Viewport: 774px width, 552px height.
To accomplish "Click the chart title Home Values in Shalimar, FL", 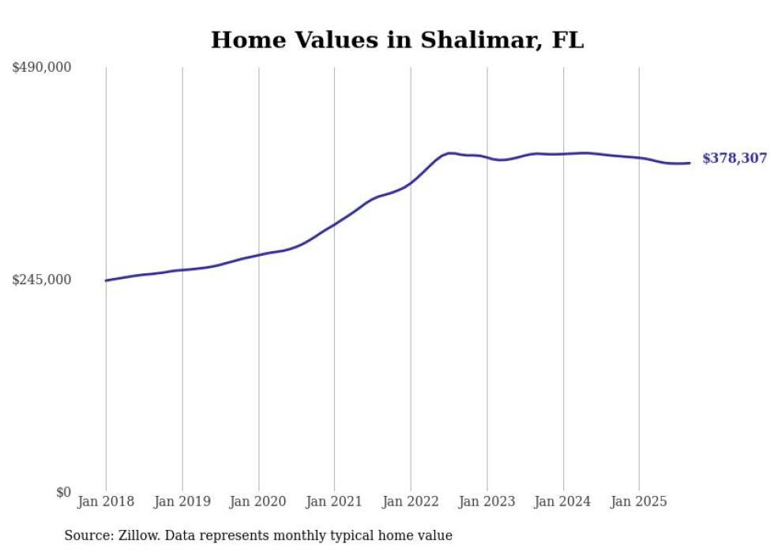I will pyautogui.click(x=397, y=40).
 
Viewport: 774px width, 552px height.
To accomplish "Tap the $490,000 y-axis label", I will pyautogui.click(x=42, y=68).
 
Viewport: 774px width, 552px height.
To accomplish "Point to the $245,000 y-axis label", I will pyautogui.click(x=42, y=280).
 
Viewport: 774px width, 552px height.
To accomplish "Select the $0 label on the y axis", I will pyautogui.click(x=63, y=492).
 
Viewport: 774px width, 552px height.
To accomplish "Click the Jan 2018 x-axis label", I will pyautogui.click(x=106, y=501).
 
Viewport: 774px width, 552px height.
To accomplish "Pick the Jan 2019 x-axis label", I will pyautogui.click(x=182, y=501).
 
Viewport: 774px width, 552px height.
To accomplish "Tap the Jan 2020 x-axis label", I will pyautogui.click(x=258, y=501).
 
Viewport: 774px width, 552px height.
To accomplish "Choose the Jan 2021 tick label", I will pyautogui.click(x=334, y=501).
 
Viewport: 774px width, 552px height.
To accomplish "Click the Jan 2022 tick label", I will pyautogui.click(x=411, y=501).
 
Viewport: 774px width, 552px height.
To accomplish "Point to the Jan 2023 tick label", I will pyautogui.click(x=487, y=501).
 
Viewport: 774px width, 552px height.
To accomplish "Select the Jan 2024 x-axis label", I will pyautogui.click(x=563, y=501).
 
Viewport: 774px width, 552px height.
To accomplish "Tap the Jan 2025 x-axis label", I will pyautogui.click(x=639, y=501).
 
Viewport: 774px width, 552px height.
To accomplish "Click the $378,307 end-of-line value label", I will pyautogui.click(x=735, y=159).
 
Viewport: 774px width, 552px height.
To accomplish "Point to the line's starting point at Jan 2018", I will pyautogui.click(x=106, y=280).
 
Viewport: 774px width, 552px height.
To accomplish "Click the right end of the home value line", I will pyautogui.click(x=689, y=163).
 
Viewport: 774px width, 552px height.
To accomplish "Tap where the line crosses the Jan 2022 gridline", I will pyautogui.click(x=411, y=183).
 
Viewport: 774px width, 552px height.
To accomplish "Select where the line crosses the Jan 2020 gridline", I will pyautogui.click(x=258, y=255).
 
